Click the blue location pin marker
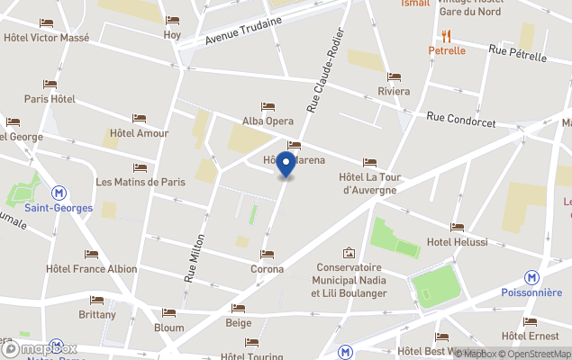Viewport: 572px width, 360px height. point(286,165)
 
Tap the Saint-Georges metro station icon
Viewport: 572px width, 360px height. point(59,192)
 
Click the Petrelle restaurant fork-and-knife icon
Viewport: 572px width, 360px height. point(446,36)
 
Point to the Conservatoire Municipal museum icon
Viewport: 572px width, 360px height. point(349,253)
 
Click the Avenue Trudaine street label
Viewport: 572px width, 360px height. point(237,31)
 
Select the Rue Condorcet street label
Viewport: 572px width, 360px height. point(462,118)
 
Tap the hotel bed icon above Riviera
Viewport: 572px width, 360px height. point(393,76)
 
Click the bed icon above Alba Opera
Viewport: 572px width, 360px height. point(268,106)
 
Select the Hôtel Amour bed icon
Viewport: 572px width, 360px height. point(139,118)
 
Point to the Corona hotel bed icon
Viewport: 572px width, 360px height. point(267,254)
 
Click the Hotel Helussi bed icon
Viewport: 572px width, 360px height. point(458,227)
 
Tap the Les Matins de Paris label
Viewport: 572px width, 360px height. point(141,182)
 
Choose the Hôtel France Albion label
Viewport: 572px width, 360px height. point(92,269)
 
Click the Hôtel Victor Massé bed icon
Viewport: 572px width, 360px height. point(47,22)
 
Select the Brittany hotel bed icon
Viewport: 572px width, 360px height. point(96,300)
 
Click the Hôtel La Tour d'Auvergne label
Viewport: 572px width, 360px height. point(369,183)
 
